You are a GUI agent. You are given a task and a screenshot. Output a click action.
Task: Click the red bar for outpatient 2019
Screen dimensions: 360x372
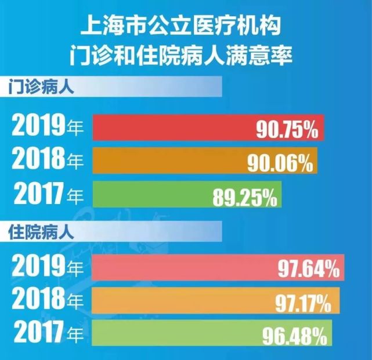[x=174, y=129]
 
